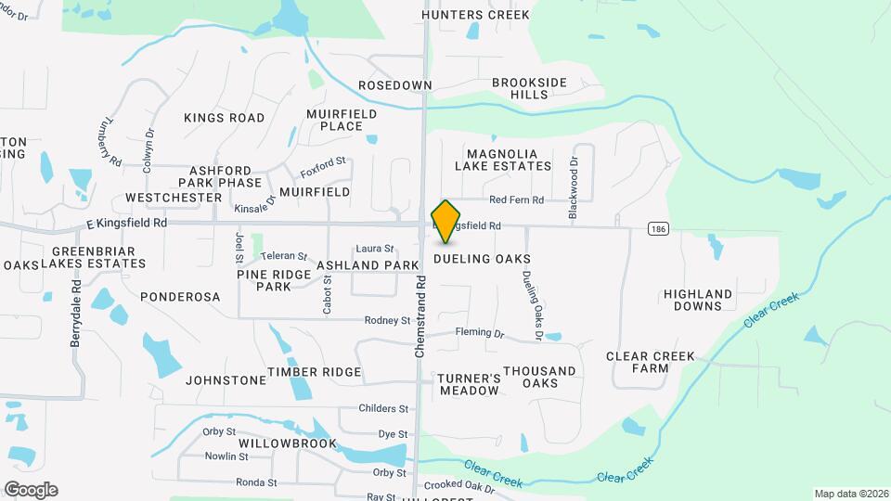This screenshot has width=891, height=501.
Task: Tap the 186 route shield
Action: tap(657, 227)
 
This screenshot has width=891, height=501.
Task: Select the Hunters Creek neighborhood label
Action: tap(475, 15)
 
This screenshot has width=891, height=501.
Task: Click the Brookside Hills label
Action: tap(529, 89)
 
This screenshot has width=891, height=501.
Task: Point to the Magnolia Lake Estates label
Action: tap(503, 160)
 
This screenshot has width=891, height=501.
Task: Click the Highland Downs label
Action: tap(698, 300)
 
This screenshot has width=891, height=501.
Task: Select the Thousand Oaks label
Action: tap(539, 377)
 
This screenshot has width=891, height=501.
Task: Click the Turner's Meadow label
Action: tap(469, 384)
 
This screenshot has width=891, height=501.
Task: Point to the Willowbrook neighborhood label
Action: tap(287, 443)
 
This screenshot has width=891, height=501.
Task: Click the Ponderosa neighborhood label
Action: tap(180, 297)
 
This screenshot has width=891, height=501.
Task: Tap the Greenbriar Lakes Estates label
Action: tap(94, 257)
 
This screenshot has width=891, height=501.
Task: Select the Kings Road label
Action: tap(224, 118)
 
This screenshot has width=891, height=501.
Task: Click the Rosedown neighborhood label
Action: tap(395, 85)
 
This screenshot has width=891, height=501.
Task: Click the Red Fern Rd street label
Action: tap(516, 199)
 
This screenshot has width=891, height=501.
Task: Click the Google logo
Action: tap(31, 489)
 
